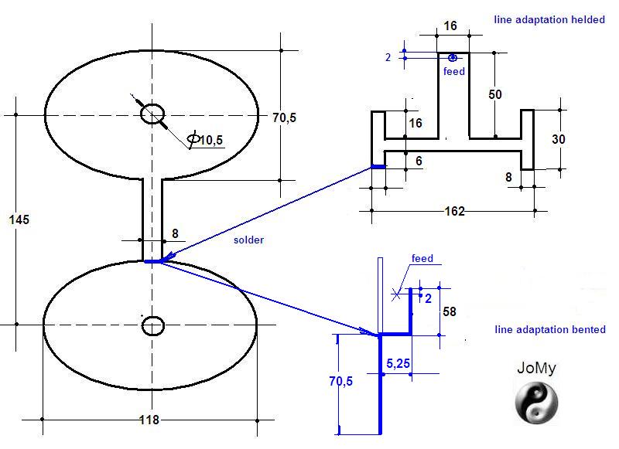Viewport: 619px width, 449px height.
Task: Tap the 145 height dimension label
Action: point(19,219)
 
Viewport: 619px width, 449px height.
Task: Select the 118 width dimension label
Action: point(149,420)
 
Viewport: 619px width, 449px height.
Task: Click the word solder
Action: point(248,240)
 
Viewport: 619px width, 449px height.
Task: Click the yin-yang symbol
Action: point(536,403)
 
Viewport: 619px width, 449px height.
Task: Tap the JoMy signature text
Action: point(536,368)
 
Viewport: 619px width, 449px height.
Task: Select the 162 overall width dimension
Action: point(454,211)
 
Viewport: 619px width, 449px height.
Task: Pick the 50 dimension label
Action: point(495,94)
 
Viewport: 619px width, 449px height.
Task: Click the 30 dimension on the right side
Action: point(559,139)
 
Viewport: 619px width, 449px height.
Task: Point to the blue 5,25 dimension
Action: point(398,363)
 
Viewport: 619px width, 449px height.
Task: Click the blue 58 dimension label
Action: point(450,311)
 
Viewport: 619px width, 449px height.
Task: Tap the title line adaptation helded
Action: point(549,20)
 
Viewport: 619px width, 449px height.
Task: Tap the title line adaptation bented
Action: point(550,329)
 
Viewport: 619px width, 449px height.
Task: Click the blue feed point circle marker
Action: point(453,58)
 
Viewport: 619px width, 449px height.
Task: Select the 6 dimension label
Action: point(419,161)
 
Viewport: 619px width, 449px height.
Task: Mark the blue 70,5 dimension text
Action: point(341,381)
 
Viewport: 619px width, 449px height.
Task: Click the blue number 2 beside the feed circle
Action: point(388,57)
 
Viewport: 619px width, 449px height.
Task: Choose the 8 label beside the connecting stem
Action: point(176,233)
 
